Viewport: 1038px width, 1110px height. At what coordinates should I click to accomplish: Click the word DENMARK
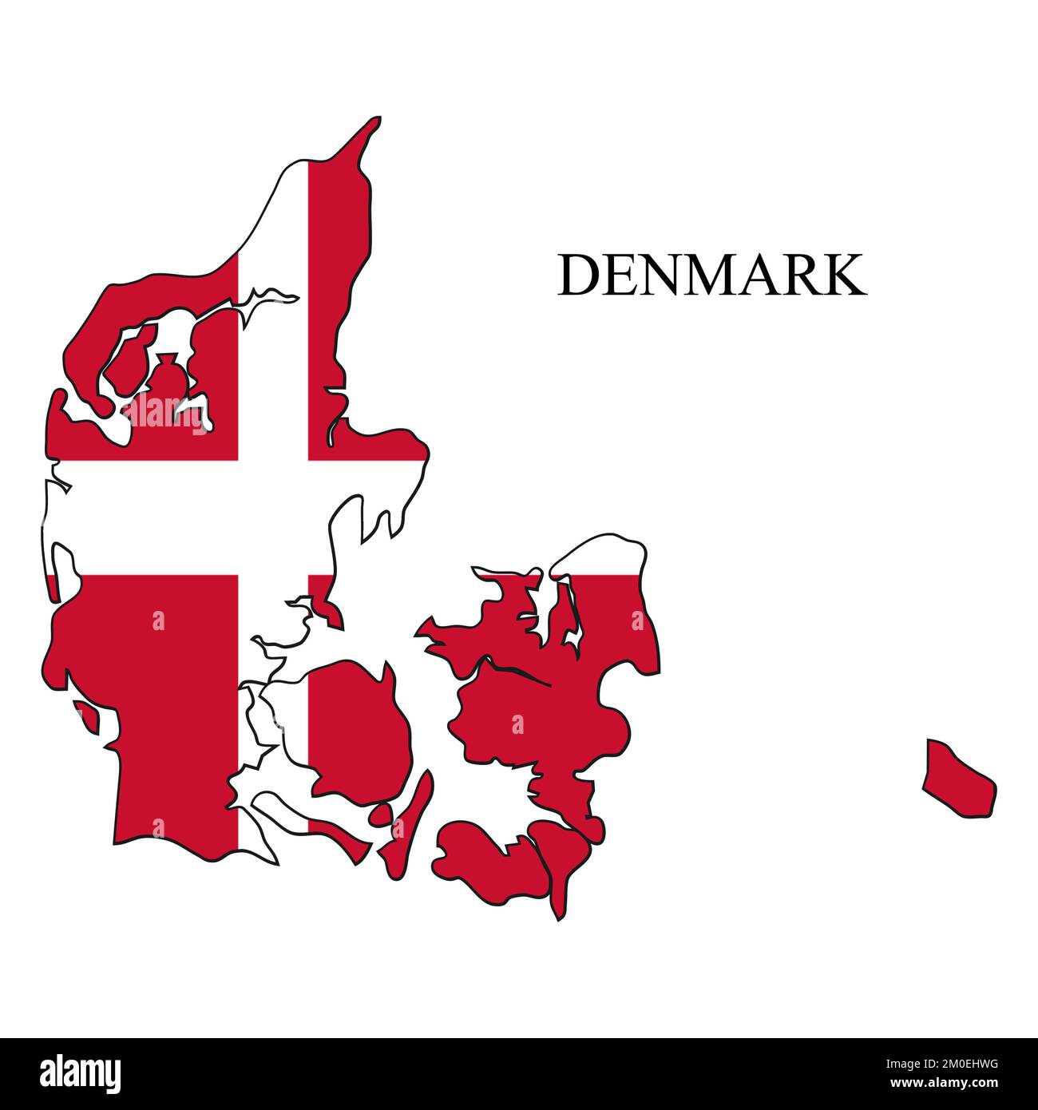pyautogui.click(x=711, y=276)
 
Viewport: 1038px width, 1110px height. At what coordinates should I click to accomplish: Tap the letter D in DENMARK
pyautogui.click(x=577, y=276)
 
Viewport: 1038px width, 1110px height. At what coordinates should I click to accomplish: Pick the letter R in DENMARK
pyautogui.click(x=803, y=276)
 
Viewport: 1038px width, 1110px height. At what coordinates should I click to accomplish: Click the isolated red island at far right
pyautogui.click(x=958, y=779)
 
